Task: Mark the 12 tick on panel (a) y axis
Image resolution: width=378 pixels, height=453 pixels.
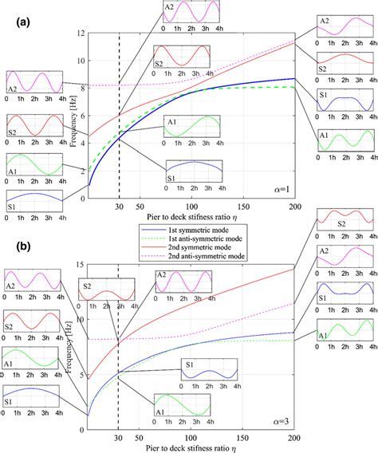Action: click(x=81, y=33)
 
